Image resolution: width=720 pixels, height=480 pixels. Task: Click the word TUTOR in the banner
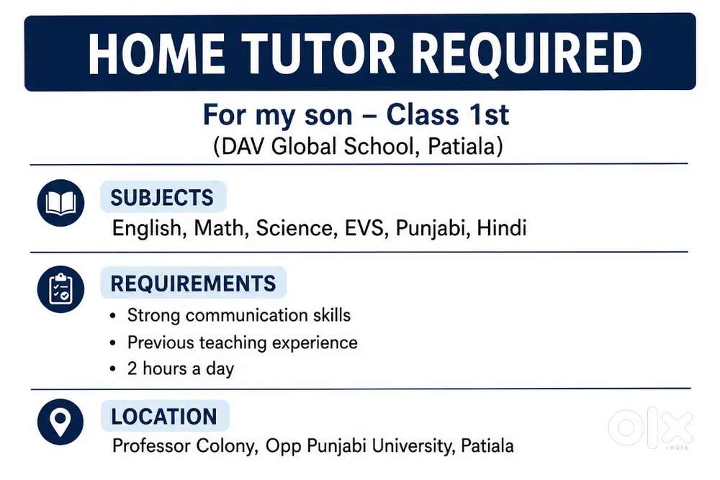(x=318, y=54)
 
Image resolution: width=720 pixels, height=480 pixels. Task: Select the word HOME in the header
(x=156, y=54)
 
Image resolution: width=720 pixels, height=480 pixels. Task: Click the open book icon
(x=60, y=203)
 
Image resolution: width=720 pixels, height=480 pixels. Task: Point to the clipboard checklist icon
(x=60, y=289)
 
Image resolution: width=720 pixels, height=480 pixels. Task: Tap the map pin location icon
(x=60, y=422)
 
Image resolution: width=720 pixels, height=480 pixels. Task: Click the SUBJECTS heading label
(x=162, y=198)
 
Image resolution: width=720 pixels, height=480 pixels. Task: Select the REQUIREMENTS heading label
(x=193, y=283)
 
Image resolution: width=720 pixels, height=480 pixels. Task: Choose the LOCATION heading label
(x=164, y=417)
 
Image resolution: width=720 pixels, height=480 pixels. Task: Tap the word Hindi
(x=501, y=228)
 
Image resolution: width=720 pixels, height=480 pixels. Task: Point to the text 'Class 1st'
(x=447, y=114)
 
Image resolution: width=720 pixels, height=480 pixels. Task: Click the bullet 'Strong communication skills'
(x=239, y=315)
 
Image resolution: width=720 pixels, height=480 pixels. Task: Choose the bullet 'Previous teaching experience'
(x=243, y=343)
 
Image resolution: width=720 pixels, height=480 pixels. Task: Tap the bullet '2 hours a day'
(x=181, y=368)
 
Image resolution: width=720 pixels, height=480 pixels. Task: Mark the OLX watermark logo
(x=650, y=427)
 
